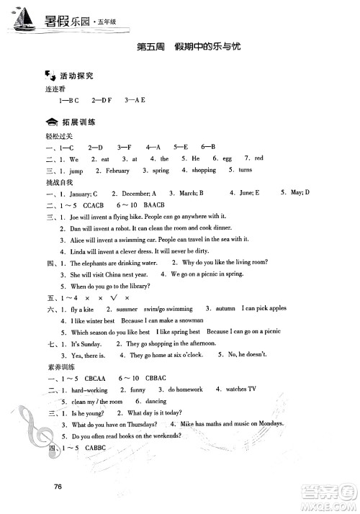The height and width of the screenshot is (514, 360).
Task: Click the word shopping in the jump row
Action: click(203, 171)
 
